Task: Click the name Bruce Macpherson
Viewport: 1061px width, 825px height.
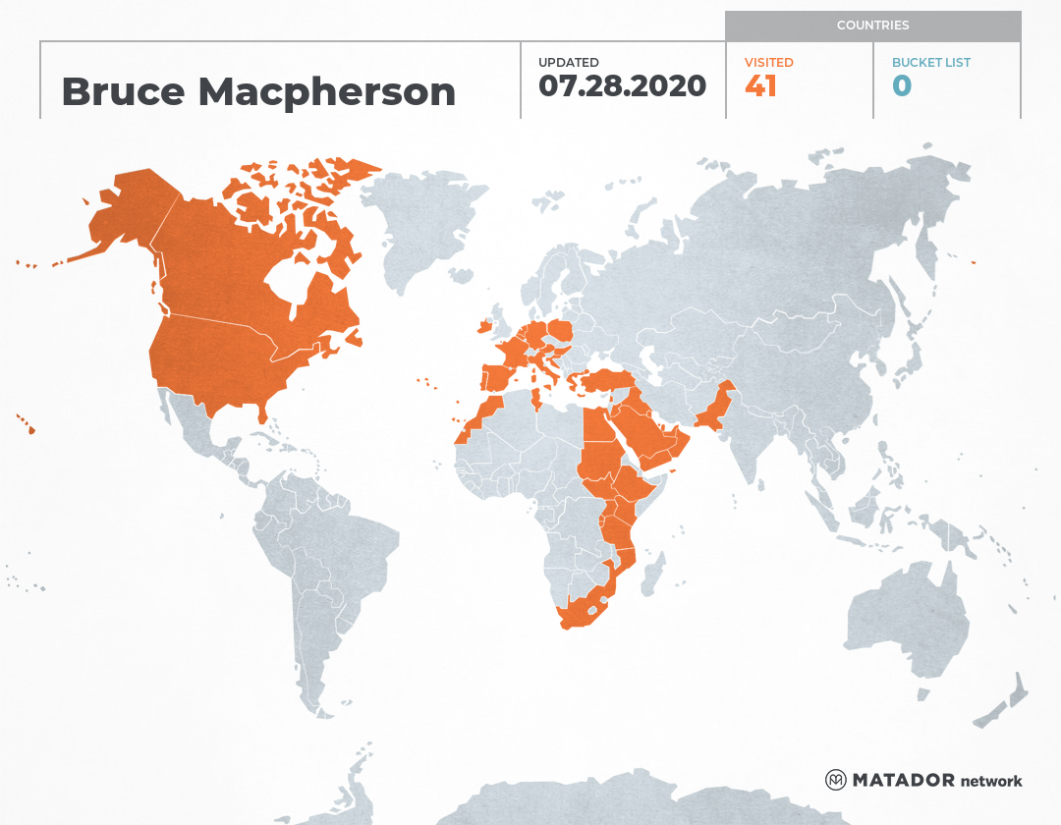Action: pos(258,91)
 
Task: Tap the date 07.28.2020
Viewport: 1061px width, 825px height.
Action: pos(622,85)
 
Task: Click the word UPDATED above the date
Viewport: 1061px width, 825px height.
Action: pos(568,62)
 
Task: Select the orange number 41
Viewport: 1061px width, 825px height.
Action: pos(760,86)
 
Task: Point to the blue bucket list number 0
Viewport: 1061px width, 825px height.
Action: pos(902,86)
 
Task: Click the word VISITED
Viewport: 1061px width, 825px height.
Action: pos(768,62)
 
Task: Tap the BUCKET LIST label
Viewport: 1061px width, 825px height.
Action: pos(930,62)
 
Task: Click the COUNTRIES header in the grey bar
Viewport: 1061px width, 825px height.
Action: pos(872,25)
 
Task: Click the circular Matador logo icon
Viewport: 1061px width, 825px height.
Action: pos(836,780)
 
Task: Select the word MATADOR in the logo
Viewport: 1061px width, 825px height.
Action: pos(903,781)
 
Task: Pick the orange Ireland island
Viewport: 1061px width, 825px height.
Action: pos(482,326)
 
